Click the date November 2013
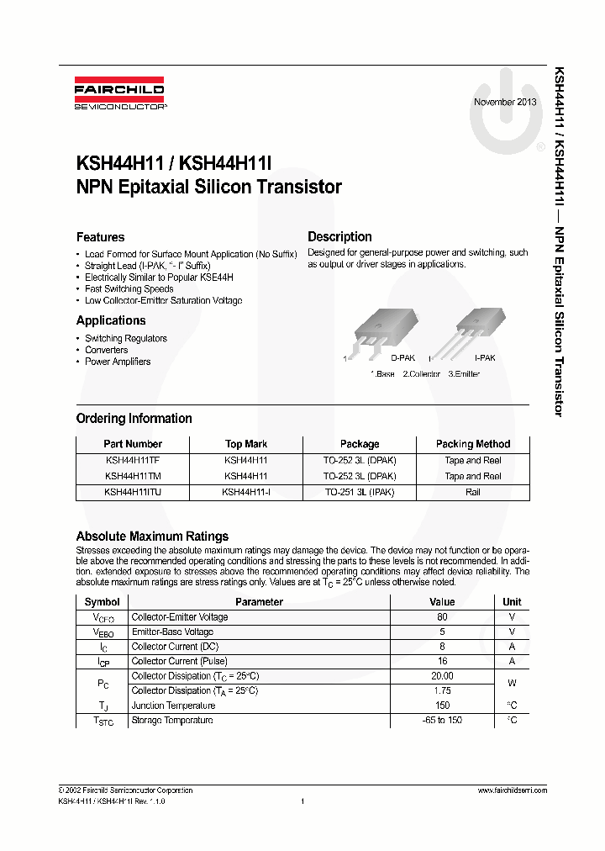pos(505,102)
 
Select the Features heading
pos(100,237)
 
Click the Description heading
pos(339,237)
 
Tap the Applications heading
pos(111,320)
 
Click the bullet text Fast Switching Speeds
pos(129,289)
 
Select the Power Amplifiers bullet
pos(118,362)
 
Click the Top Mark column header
pos(246,444)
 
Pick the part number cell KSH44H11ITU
pos(133,492)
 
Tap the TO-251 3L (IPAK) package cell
pos(359,492)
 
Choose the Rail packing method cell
pos(473,492)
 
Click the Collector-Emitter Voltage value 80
pos(442,617)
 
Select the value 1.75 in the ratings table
pos(442,690)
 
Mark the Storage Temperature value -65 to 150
pos(442,721)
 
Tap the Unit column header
pos(512,602)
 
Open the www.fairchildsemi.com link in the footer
pos(512,790)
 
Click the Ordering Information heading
pos(134,419)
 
